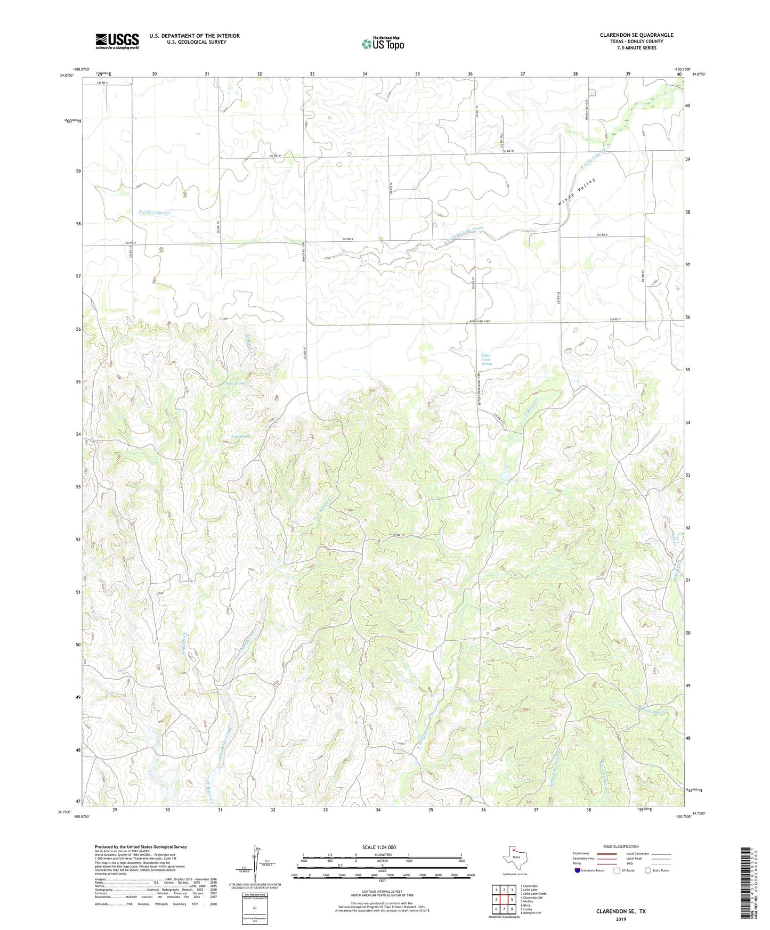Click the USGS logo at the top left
click(x=117, y=41)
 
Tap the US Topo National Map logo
click(x=383, y=43)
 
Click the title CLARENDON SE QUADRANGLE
click(x=636, y=35)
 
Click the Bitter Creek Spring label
click(x=485, y=360)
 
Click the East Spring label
click(x=240, y=436)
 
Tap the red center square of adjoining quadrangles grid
click(x=504, y=900)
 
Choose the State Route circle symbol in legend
click(x=647, y=870)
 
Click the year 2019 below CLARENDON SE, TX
click(x=621, y=919)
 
